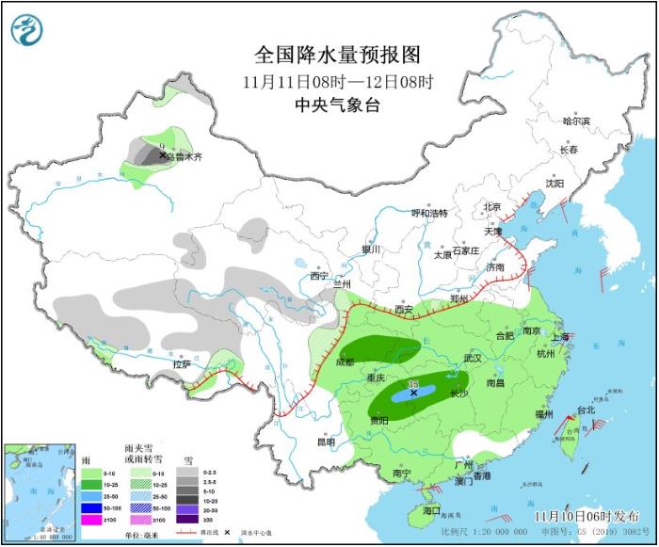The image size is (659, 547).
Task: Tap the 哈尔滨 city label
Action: [x=575, y=121]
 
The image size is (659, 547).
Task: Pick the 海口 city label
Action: [x=431, y=510]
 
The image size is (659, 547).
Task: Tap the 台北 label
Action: [x=586, y=410]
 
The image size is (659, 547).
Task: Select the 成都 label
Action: [x=344, y=362]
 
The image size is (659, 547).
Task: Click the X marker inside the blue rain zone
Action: [x=413, y=393]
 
